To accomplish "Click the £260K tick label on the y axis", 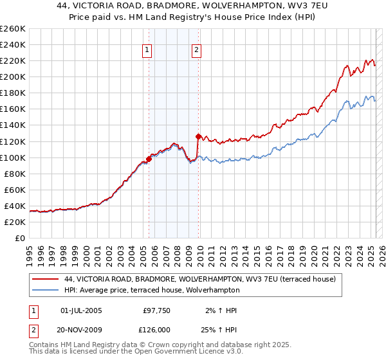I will tap(12, 29).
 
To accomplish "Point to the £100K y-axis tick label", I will tap(12, 157).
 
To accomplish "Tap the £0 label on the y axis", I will tap(20, 238).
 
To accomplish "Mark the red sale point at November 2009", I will tap(198, 136).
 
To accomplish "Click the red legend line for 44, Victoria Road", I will tap(44, 279).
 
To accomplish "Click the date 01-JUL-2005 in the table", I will tap(80, 310).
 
